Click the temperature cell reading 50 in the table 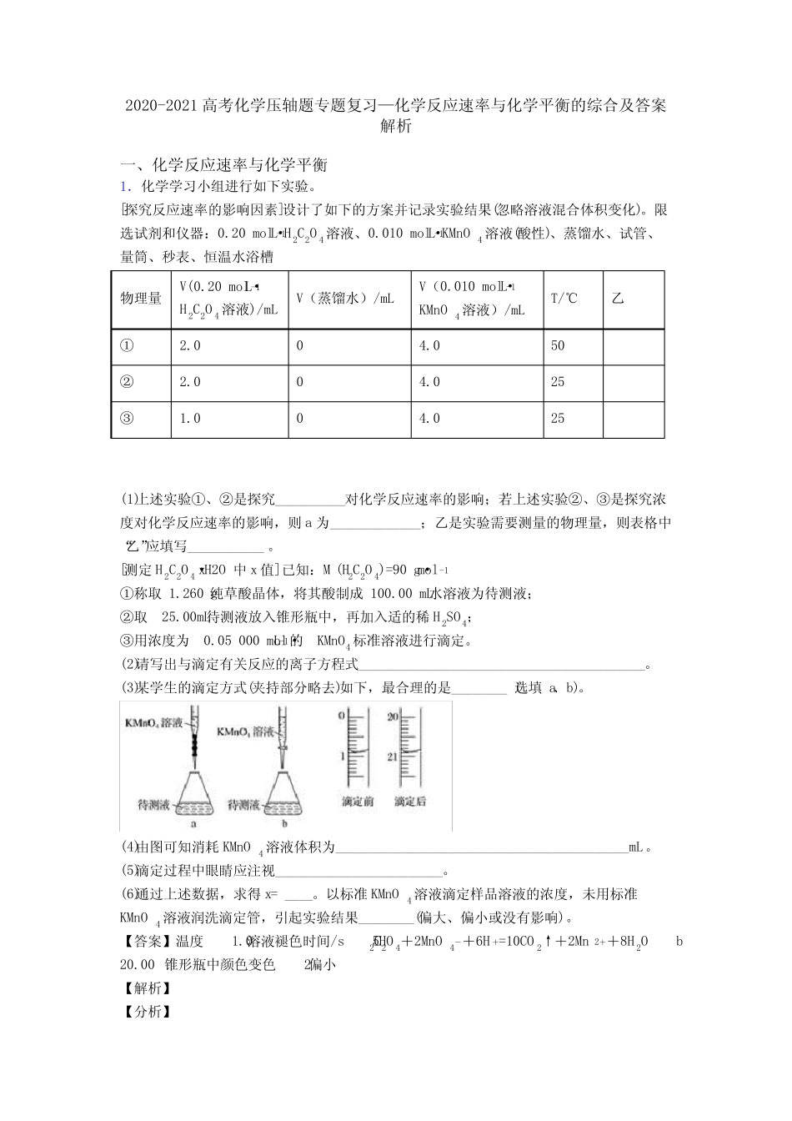pyautogui.click(x=558, y=345)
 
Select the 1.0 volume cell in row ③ pyautogui.click(x=190, y=419)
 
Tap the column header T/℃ pyautogui.click(x=564, y=298)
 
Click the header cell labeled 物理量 pyautogui.click(x=141, y=298)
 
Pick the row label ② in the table pyautogui.click(x=127, y=382)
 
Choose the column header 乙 pyautogui.click(x=618, y=298)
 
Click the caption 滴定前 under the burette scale pyautogui.click(x=358, y=802)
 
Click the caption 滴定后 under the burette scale pyautogui.click(x=410, y=802)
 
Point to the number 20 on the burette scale pyautogui.click(x=394, y=716)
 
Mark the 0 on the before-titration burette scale pyautogui.click(x=341, y=716)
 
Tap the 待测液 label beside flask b pyautogui.click(x=243, y=805)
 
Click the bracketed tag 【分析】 pyautogui.click(x=147, y=1012)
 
